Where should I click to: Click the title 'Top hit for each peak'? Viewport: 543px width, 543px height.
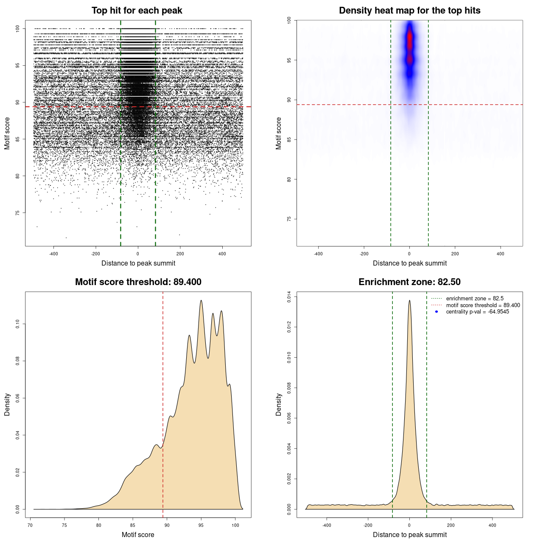pos(137,11)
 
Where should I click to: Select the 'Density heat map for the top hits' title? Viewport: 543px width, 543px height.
pos(409,11)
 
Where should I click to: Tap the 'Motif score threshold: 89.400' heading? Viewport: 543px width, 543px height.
pos(138,282)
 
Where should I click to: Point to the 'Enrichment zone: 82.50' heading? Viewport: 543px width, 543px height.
pos(409,282)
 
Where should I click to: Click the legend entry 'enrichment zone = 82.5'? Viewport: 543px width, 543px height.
pos(475,299)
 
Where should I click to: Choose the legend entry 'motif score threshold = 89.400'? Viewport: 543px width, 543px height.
pos(483,305)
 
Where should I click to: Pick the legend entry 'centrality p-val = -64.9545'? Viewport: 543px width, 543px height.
pos(477,312)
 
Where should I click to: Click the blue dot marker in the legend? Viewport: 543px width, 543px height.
pos(437,312)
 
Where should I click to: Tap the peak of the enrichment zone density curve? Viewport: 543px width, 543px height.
pos(409,301)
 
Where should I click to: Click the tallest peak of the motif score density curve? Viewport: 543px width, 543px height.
pos(201,301)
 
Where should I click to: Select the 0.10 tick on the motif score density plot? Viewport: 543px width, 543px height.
pos(18,325)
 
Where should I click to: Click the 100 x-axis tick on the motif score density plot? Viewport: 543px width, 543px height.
pos(235,525)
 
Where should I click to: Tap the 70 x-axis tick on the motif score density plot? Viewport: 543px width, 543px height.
pos(30,525)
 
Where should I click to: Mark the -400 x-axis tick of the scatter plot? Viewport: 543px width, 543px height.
pos(53,254)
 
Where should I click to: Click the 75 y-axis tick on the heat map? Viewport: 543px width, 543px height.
pos(289,219)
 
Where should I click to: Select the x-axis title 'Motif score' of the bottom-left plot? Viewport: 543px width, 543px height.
pos(138,535)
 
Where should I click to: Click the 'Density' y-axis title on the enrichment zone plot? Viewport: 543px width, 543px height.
pos(279,404)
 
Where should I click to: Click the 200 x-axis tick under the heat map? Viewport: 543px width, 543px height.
pos(455,254)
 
